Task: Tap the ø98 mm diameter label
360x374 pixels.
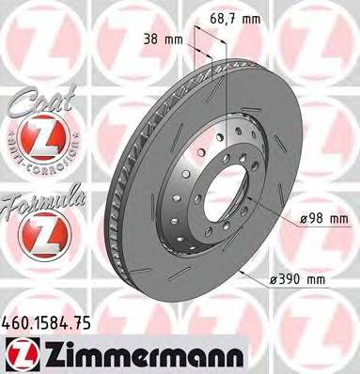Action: [322, 219]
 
